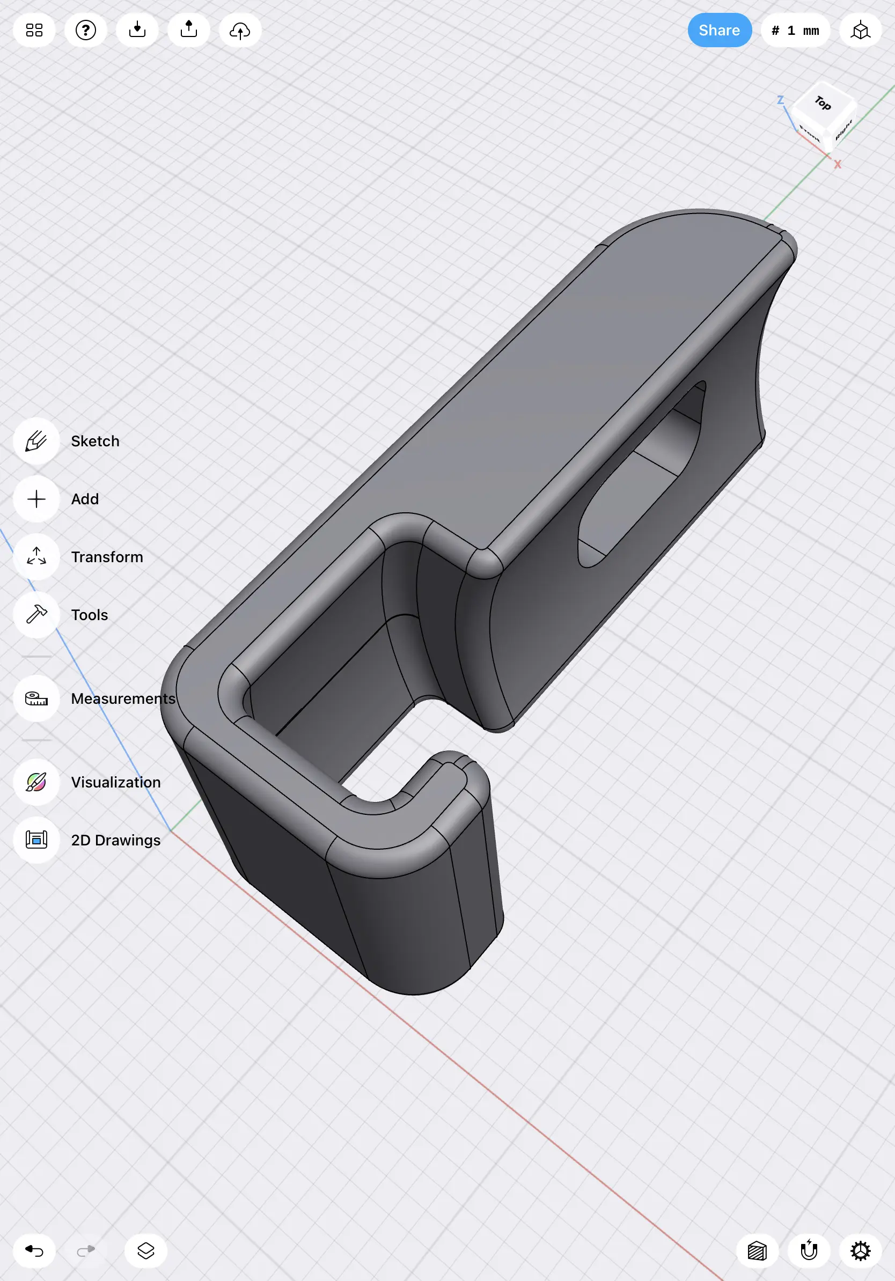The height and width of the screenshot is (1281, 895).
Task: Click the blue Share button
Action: pos(719,30)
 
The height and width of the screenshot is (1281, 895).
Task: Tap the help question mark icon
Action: pos(86,30)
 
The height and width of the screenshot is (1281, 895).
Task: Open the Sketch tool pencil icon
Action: pos(36,441)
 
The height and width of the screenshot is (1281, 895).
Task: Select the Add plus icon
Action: pos(36,499)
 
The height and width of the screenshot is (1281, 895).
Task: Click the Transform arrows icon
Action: pos(36,557)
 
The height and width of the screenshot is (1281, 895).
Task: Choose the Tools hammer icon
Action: pos(36,614)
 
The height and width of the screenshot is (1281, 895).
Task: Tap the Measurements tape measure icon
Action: pos(36,698)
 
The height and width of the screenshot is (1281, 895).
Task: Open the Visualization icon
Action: pos(36,782)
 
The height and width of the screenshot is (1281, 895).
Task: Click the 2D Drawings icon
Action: pos(36,840)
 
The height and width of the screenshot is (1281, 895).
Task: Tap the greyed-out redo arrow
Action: pos(85,1251)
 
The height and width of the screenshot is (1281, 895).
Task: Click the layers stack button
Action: pos(145,1251)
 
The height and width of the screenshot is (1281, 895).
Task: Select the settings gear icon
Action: pos(861,1251)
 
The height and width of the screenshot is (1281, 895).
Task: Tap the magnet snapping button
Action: pos(809,1251)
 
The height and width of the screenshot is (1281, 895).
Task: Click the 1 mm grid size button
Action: pos(795,30)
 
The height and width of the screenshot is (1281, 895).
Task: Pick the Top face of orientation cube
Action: pos(824,103)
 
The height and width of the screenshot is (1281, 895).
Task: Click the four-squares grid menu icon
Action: pos(34,30)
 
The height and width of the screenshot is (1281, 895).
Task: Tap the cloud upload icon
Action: pos(240,30)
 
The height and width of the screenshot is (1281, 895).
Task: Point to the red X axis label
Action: pos(838,165)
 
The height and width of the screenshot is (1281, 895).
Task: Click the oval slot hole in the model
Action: pos(642,474)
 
